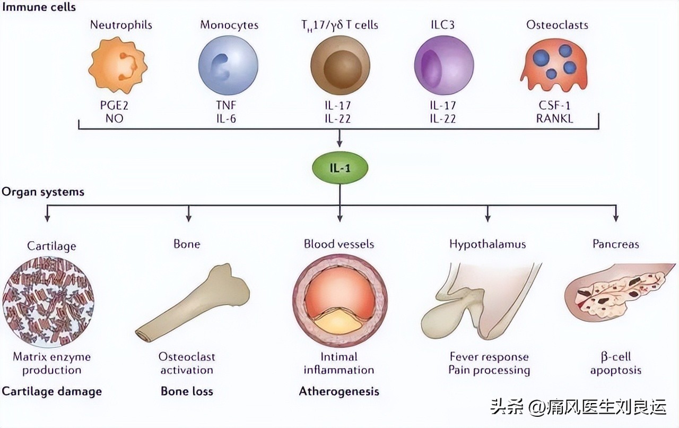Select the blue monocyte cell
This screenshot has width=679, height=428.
point(228,65)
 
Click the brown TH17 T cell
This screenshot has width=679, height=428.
point(339,66)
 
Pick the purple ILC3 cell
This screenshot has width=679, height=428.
point(443,66)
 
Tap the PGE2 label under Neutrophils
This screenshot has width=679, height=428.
point(115,105)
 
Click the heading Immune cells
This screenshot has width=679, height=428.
point(39,7)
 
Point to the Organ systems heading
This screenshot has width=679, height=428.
point(43,192)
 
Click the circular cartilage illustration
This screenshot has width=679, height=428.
point(48,299)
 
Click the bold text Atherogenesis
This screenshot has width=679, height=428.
point(339,391)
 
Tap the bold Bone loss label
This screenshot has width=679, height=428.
point(187,391)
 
